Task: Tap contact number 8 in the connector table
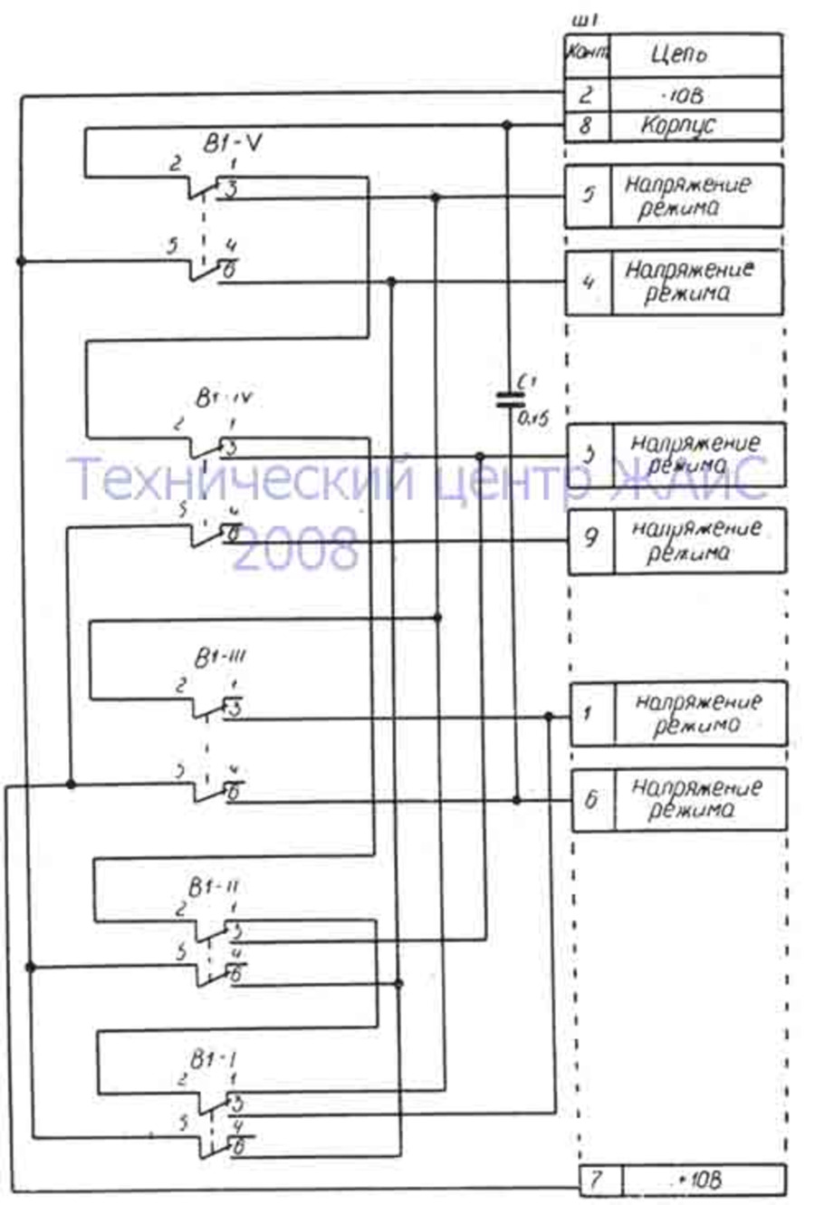(x=585, y=125)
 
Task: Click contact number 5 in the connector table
(x=588, y=195)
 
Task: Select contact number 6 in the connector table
(x=592, y=799)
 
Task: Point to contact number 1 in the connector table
(x=589, y=714)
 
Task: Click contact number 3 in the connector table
(x=589, y=454)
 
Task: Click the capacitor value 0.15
(x=532, y=419)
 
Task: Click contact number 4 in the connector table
(x=589, y=281)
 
